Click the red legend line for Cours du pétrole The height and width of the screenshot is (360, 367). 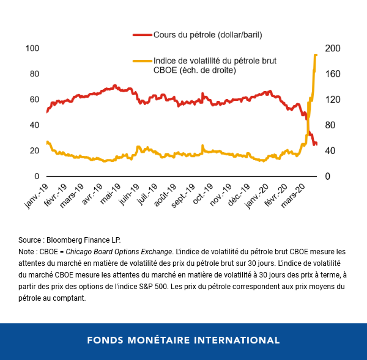pyautogui.click(x=142, y=34)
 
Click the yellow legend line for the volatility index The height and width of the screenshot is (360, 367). pyautogui.click(x=142, y=61)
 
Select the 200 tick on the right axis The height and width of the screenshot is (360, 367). pyautogui.click(x=331, y=48)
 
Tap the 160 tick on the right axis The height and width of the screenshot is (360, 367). pyautogui.click(x=331, y=74)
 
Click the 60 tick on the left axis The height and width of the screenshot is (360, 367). pyautogui.click(x=35, y=100)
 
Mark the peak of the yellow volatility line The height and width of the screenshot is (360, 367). pyautogui.click(x=316, y=55)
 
